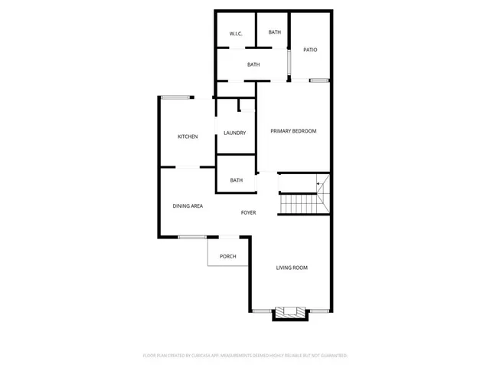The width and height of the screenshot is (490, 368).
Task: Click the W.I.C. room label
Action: [x=236, y=34]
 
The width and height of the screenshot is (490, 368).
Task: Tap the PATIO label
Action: [x=310, y=50]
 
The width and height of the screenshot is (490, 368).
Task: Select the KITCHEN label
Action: [x=188, y=136]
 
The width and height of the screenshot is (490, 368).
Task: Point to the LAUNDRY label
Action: [x=234, y=133]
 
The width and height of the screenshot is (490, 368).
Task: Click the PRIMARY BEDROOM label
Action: [x=293, y=131]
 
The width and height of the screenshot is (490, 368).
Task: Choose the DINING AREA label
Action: [x=188, y=206]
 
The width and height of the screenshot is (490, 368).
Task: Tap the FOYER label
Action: [x=248, y=212]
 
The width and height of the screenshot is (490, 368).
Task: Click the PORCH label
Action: [x=227, y=256]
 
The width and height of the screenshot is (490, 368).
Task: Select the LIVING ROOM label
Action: [x=292, y=268]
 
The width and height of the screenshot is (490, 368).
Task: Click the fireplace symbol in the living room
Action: [x=289, y=311]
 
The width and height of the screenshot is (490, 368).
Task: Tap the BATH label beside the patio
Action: [x=274, y=32]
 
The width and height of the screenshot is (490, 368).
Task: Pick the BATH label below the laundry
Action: [x=237, y=181]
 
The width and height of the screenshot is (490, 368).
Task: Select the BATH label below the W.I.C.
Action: [x=253, y=64]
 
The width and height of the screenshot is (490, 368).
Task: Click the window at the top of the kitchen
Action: [x=175, y=97]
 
